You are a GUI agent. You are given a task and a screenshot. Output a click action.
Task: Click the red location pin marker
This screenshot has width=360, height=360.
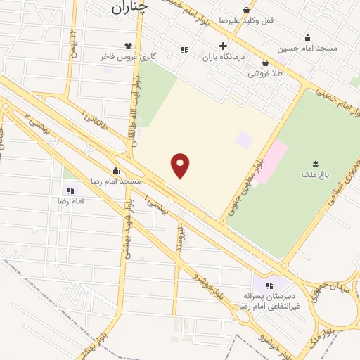pyautogui.click(x=181, y=165)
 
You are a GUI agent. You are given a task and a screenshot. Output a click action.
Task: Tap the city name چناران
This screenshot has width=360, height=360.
pyautogui.click(x=130, y=8)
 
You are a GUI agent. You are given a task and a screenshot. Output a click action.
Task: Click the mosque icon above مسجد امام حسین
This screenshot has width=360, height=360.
pyautogui.click(x=307, y=37)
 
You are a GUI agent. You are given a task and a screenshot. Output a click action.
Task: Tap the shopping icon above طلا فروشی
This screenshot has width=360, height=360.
pyautogui.click(x=265, y=63)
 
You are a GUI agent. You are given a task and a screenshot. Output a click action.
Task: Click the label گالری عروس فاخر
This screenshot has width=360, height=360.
pyautogui.click(x=132, y=55)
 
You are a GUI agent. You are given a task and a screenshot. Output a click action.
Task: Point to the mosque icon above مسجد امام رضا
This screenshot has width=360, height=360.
pyautogui.click(x=115, y=170)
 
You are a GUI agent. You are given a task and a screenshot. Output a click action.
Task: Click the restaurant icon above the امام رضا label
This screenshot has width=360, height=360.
pyautogui.click(x=70, y=190)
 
